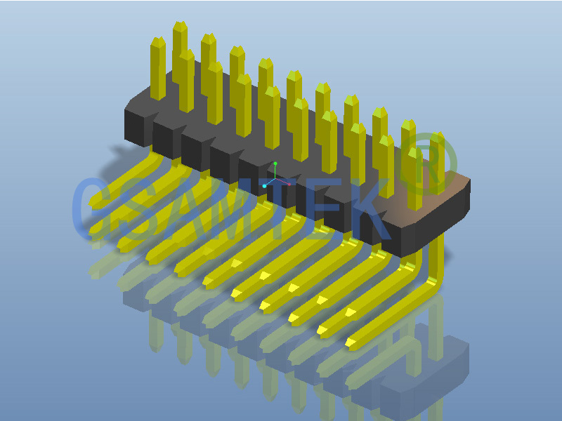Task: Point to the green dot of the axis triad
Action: coord(275,163)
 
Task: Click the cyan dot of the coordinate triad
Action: coord(264,186)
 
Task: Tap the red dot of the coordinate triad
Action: coord(289,185)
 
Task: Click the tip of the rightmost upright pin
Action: coord(438,138)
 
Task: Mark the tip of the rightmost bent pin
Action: coord(351,342)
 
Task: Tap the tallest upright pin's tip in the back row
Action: coord(180,27)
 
